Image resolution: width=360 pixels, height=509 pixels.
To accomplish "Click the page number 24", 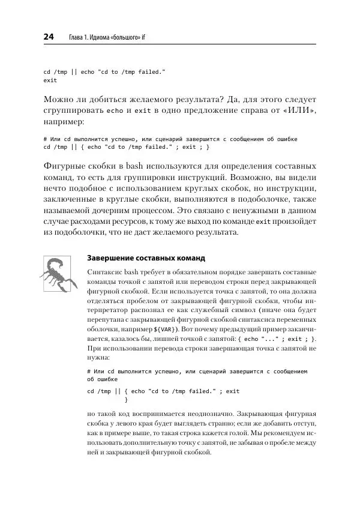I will click(49, 38).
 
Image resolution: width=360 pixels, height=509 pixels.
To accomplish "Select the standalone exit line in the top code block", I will click(50, 80).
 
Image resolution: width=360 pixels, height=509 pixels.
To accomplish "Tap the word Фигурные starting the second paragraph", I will click(67, 166).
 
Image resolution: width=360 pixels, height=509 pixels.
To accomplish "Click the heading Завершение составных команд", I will click(146, 259).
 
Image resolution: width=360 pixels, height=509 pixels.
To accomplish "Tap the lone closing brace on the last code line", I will click(125, 400).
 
